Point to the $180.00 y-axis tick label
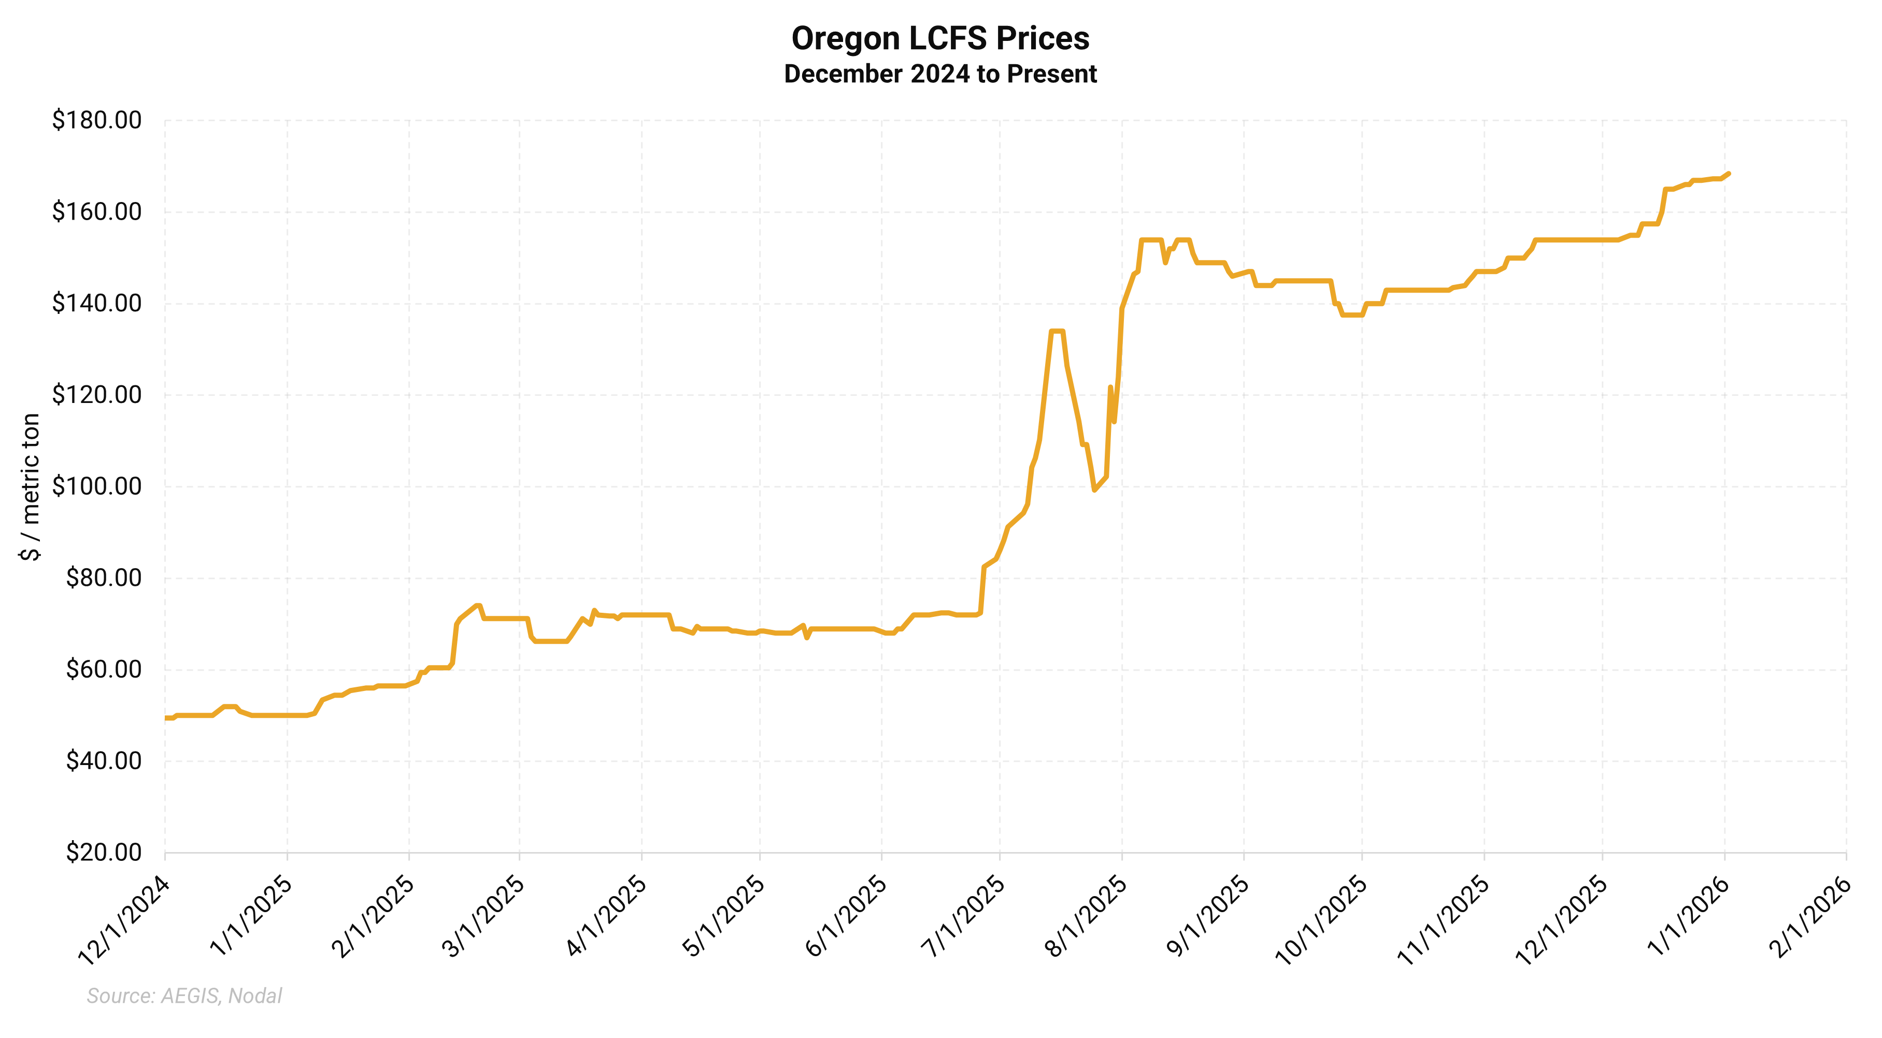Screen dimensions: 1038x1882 96,120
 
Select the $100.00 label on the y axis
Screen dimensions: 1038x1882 96,486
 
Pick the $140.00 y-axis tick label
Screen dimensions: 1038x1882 96,302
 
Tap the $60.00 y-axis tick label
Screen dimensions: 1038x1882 103,669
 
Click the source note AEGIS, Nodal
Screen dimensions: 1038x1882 184,996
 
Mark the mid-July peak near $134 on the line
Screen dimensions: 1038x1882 1057,331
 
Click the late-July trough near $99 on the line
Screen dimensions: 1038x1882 1094,490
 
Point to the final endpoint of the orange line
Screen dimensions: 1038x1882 1729,173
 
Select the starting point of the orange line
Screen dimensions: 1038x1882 166,718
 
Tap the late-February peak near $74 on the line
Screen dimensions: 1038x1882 478,605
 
